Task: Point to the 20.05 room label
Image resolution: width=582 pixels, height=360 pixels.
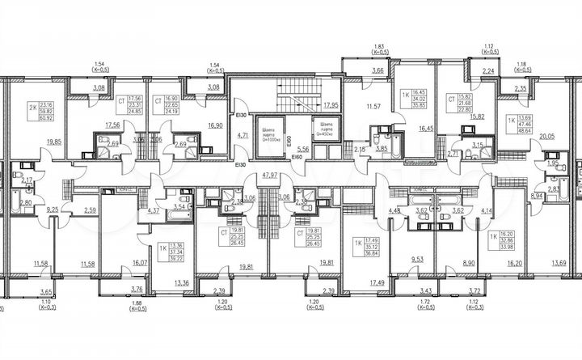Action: [546, 138]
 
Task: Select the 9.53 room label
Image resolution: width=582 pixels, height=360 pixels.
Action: [418, 260]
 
